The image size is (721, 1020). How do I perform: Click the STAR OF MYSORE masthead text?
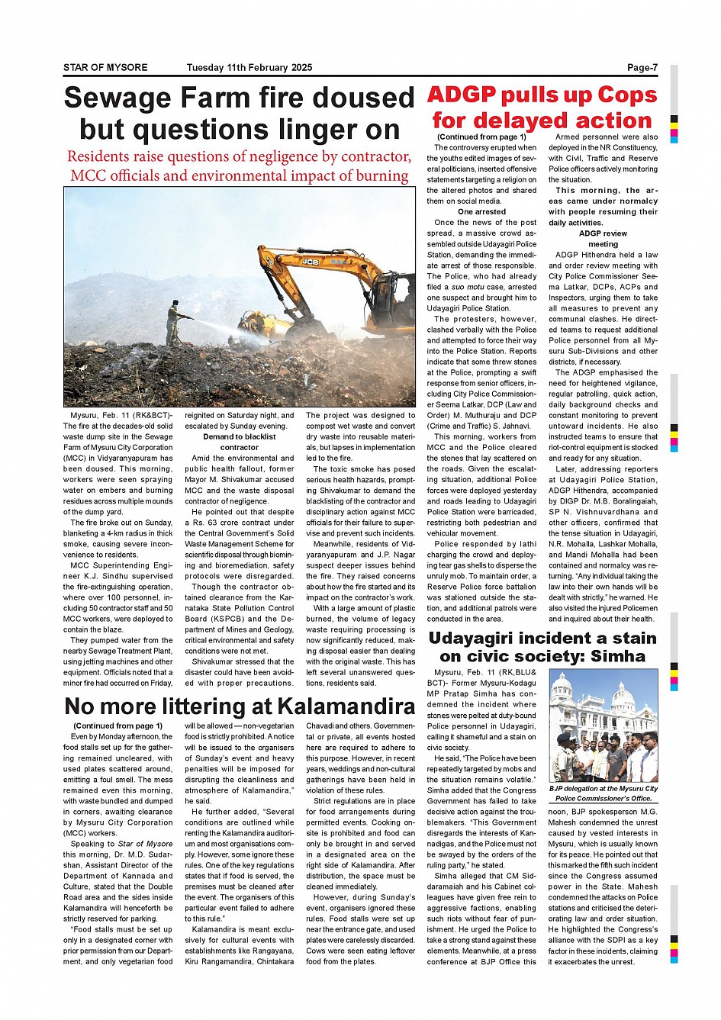pos(105,68)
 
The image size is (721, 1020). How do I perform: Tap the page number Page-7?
pos(642,68)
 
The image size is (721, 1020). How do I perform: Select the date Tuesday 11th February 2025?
pos(249,68)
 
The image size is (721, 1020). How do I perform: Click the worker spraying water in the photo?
pos(175,320)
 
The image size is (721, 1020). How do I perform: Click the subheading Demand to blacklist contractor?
pos(239,442)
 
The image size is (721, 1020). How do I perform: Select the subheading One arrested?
pos(481,212)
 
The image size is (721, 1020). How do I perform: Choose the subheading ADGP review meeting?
pos(603,239)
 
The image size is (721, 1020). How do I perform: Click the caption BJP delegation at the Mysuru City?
pos(604,788)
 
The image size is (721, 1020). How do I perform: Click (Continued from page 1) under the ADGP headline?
pos(481,137)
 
